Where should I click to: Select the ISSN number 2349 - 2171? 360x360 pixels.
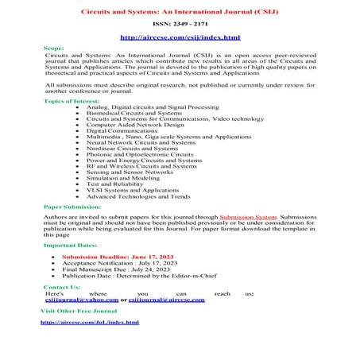179,25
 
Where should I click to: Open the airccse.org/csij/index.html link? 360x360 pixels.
179,37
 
